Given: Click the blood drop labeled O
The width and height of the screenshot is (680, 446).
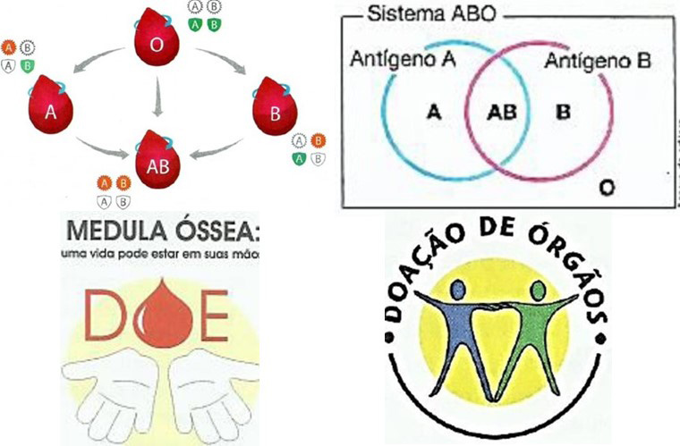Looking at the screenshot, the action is (157, 43).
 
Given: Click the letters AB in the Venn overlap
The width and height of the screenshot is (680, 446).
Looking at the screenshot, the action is (501, 114).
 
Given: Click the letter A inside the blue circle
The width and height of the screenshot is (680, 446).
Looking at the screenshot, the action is (435, 113).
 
